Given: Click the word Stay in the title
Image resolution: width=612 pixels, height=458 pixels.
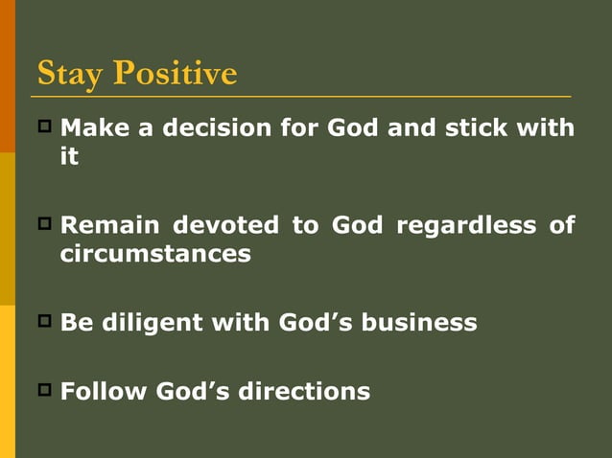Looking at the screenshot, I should coord(70,74).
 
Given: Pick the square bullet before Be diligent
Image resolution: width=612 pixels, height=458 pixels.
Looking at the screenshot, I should coord(44,320).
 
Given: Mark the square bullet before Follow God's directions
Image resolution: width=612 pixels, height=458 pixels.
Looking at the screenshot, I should coord(44,389).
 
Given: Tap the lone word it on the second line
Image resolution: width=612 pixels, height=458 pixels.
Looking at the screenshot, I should coord(69,156).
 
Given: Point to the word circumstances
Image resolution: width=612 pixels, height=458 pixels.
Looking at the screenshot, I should coord(155,255).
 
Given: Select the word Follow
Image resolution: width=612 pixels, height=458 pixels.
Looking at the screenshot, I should coord(104,392).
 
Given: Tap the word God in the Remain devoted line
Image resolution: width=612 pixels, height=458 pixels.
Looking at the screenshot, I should coord(356,226).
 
